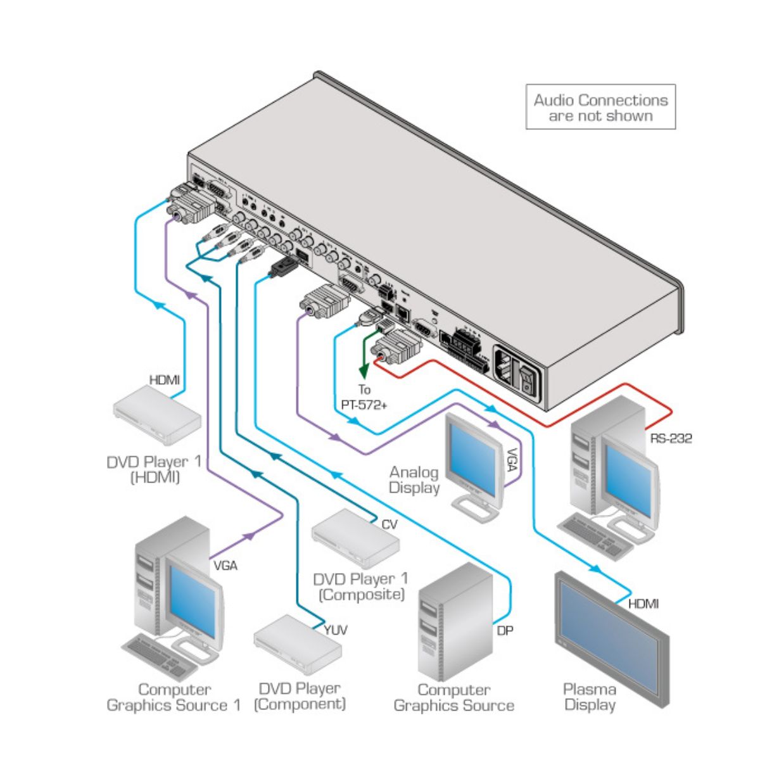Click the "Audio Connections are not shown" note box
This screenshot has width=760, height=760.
pyautogui.click(x=600, y=108)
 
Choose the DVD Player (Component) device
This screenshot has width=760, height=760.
pyautogui.click(x=297, y=650)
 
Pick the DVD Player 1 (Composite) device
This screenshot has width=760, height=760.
pyautogui.click(x=355, y=538)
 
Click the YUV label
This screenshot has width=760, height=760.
pyautogui.click(x=335, y=630)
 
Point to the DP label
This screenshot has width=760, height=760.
pyautogui.click(x=505, y=630)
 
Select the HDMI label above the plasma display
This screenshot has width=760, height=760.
pyautogui.click(x=643, y=604)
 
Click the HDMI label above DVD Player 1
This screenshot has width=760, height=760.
pyautogui.click(x=164, y=380)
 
